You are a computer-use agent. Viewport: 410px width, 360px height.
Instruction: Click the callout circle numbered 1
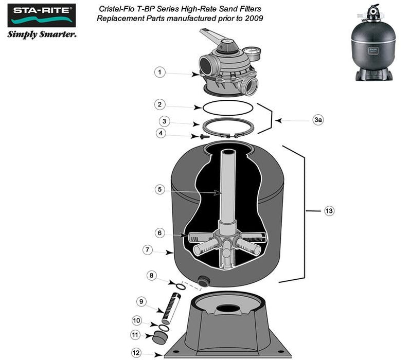[160, 73]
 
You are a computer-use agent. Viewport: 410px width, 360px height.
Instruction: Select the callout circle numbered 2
[160, 104]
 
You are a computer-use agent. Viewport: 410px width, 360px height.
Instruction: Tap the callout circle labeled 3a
[318, 120]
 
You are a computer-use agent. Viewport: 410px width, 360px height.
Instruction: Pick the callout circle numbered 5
[160, 189]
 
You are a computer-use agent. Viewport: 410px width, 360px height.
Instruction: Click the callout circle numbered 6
[160, 233]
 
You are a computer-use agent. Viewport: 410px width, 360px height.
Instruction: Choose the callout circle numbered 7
[148, 250]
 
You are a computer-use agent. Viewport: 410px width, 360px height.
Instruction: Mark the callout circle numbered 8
[151, 276]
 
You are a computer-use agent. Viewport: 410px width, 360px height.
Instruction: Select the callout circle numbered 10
[137, 320]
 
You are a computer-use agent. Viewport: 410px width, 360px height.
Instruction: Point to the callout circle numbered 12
[136, 353]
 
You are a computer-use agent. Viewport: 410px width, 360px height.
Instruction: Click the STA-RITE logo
[42, 16]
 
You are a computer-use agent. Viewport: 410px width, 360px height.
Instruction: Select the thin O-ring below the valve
[227, 107]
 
